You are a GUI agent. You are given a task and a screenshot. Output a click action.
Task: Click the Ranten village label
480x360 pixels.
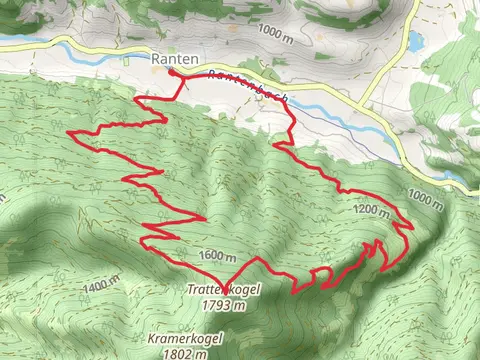[171, 59]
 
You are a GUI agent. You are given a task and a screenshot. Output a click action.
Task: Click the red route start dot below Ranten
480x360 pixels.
[171, 73]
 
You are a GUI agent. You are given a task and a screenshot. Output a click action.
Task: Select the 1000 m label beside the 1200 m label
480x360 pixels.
[424, 198]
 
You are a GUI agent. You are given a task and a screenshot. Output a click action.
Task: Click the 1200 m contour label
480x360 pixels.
[372, 210]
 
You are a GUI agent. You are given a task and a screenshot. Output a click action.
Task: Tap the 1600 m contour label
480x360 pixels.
[216, 256]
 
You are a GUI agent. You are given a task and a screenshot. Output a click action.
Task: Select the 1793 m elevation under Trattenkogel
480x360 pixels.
[223, 305]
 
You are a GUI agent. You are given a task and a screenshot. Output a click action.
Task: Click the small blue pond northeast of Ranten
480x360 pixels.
[415, 42]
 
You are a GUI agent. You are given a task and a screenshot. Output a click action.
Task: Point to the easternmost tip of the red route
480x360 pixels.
[413, 227]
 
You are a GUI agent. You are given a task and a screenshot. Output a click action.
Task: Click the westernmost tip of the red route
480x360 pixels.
[67, 132]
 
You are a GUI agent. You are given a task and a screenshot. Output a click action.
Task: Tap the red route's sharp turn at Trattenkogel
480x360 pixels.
[223, 285]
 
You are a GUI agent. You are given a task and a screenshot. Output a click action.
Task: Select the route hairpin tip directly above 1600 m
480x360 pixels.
[205, 218]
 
